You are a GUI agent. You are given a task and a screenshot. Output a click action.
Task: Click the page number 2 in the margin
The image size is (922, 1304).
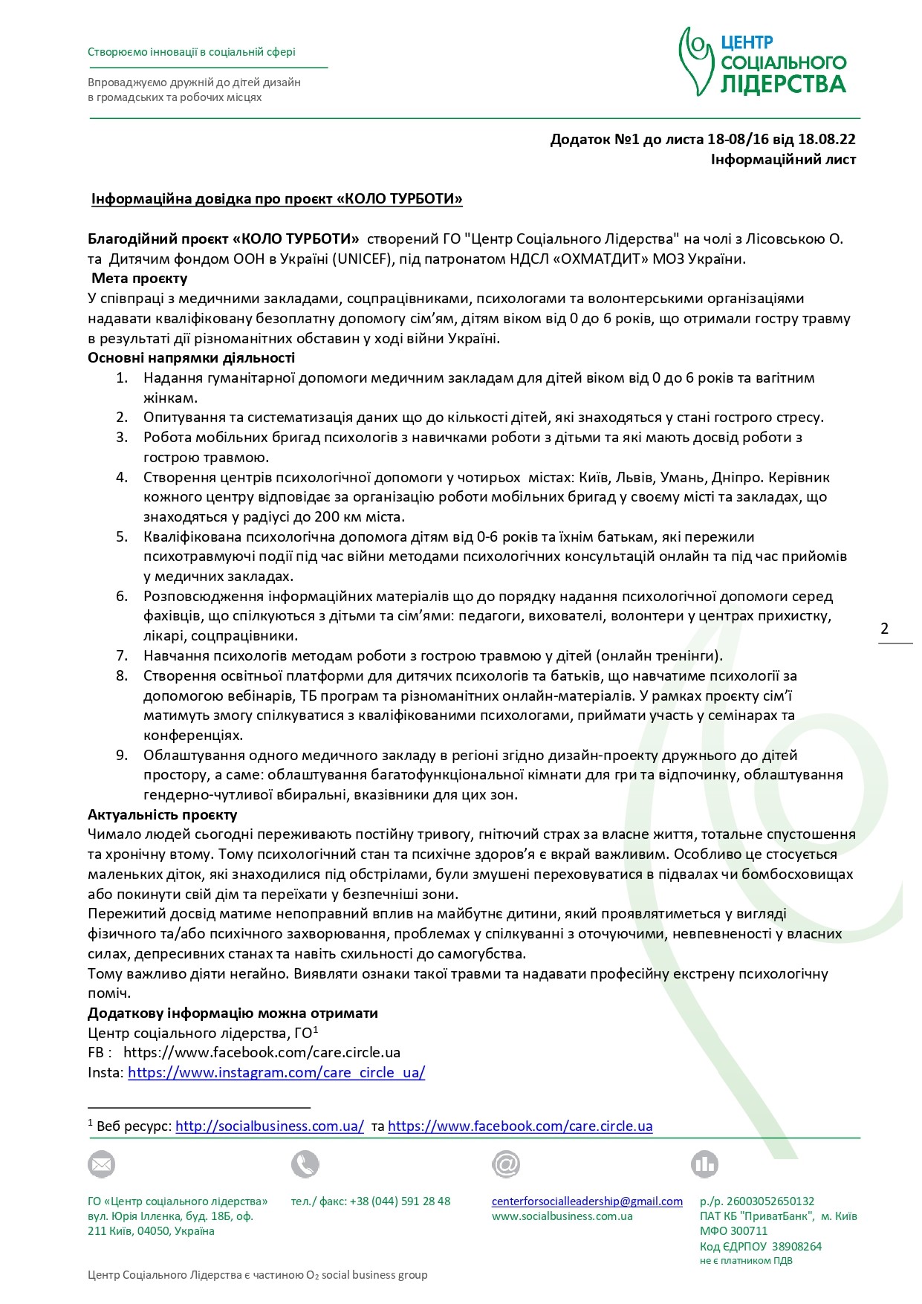[x=884, y=629]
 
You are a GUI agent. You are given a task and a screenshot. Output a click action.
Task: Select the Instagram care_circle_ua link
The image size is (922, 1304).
[x=276, y=1072]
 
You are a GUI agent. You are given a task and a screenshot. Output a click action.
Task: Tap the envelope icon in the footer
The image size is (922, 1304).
[x=101, y=1164]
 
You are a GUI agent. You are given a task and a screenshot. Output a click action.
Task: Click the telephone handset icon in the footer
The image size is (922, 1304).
[x=305, y=1164]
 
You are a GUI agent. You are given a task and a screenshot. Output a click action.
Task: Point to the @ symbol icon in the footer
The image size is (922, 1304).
[x=505, y=1164]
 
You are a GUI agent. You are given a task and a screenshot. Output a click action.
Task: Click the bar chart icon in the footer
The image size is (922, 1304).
[x=704, y=1164]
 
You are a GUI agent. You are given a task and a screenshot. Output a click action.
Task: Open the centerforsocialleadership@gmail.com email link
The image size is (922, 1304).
[x=587, y=1201]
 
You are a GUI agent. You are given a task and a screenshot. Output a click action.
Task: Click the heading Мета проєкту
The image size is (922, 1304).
[x=140, y=279]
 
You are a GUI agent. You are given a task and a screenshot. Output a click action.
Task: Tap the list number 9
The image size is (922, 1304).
[x=122, y=756]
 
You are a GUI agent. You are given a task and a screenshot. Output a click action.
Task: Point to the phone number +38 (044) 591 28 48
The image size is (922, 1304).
[x=400, y=1201]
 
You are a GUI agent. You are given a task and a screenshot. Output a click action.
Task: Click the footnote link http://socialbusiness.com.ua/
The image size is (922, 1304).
[x=270, y=1126]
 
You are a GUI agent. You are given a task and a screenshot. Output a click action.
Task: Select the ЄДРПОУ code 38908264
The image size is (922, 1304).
[x=796, y=1247]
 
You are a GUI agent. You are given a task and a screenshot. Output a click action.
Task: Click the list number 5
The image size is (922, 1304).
[x=122, y=536]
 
